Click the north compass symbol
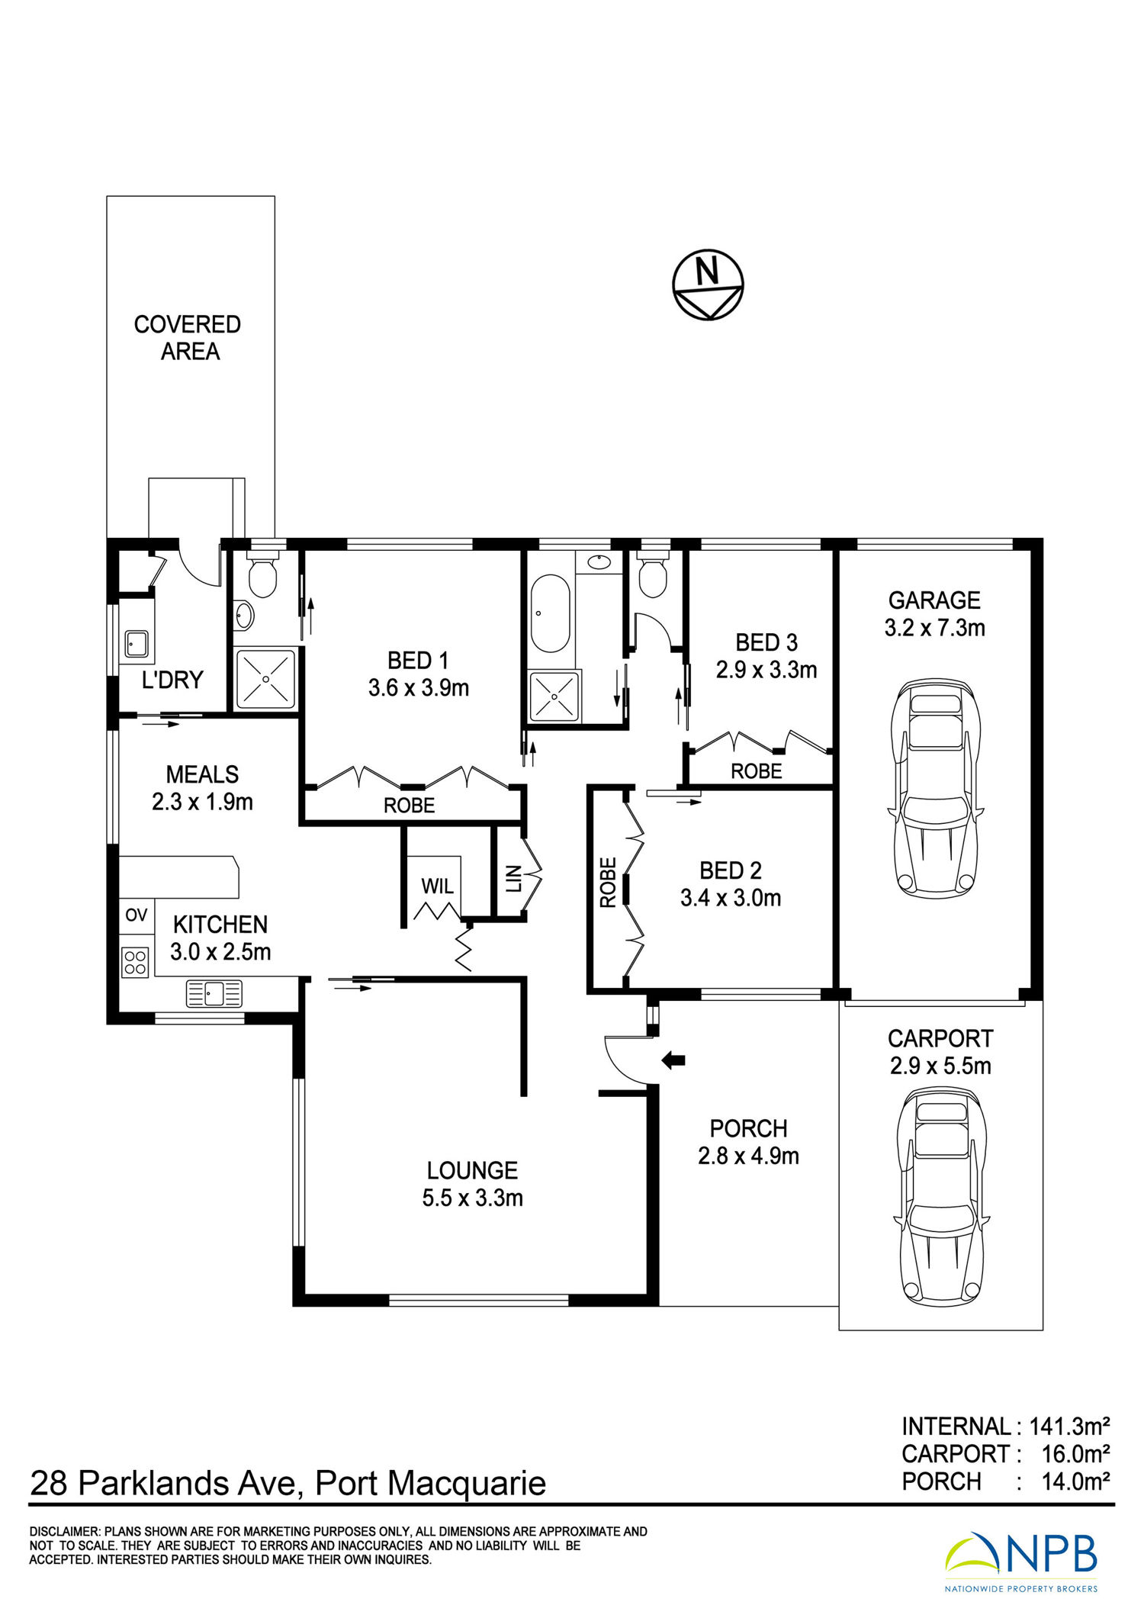click(x=708, y=285)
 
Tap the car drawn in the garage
click(x=935, y=788)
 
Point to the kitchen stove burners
click(x=135, y=960)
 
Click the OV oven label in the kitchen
click(x=137, y=915)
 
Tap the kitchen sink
click(x=214, y=993)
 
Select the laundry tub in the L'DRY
click(x=137, y=643)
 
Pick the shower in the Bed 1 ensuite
click(x=265, y=678)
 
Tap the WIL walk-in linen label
click(x=437, y=886)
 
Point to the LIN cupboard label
click(x=513, y=878)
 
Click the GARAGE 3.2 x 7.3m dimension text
click(x=935, y=614)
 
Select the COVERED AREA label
click(x=188, y=338)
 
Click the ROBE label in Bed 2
click(x=608, y=883)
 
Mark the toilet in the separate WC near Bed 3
click(x=652, y=578)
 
